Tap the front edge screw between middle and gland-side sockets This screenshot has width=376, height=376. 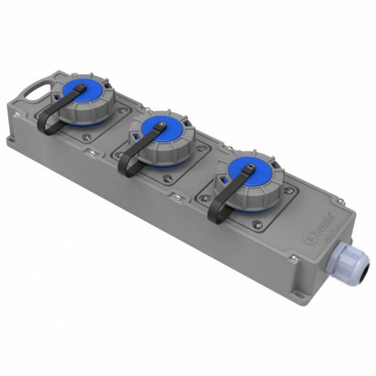click(x=178, y=196)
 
